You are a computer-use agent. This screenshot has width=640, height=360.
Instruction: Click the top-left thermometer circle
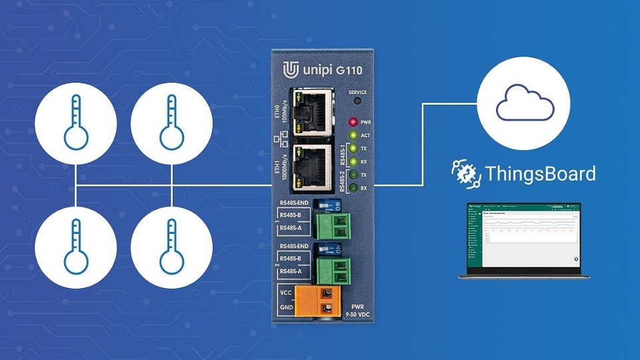click(x=76, y=125)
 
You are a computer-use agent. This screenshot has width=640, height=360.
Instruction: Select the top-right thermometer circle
click(x=171, y=125)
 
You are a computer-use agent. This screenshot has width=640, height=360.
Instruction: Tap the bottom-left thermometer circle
click(x=76, y=247)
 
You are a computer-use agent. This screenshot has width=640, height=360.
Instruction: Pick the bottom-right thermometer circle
click(x=171, y=247)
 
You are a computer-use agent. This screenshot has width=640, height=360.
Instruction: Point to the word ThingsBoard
click(x=540, y=175)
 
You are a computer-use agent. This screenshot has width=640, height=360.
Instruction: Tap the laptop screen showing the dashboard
click(x=523, y=236)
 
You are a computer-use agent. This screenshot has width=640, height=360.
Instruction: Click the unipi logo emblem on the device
click(x=291, y=70)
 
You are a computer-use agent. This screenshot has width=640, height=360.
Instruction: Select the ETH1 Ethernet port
click(x=311, y=166)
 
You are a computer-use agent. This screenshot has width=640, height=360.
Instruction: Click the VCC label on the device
click(x=285, y=293)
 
